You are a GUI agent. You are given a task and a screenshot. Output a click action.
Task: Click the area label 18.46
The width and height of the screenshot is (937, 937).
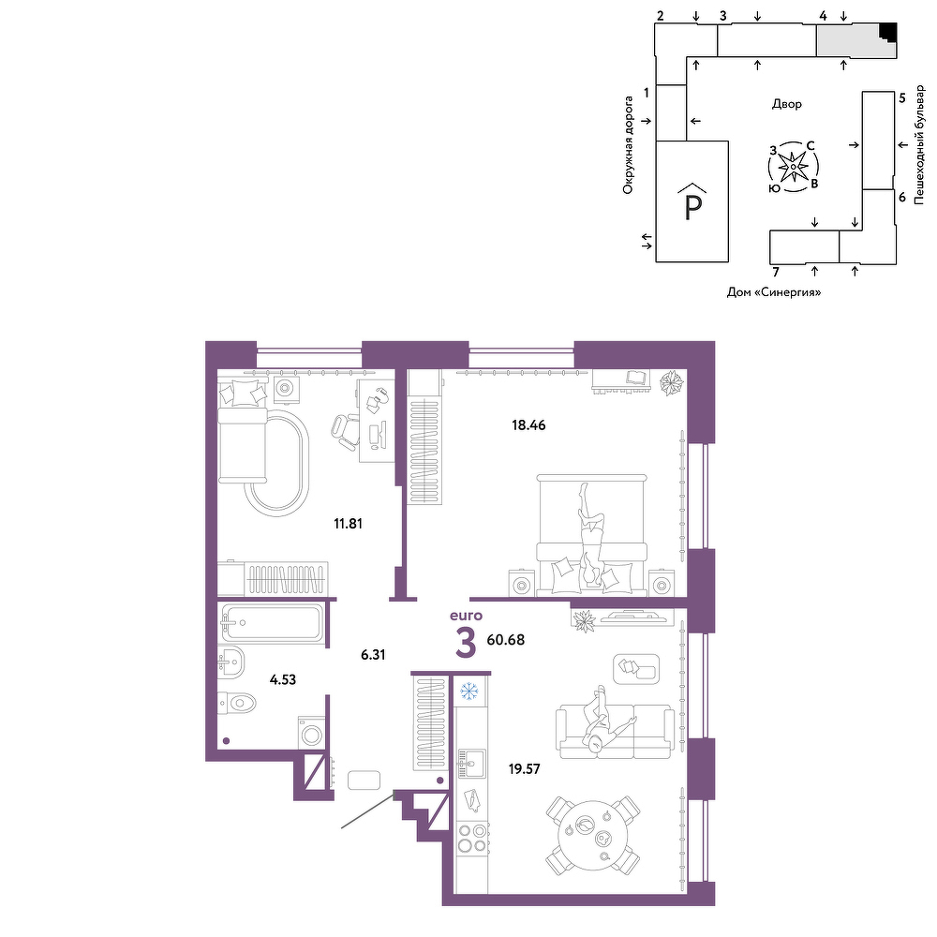click(x=528, y=425)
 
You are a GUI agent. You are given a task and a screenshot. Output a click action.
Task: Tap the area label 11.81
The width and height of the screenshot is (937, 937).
click(x=348, y=524)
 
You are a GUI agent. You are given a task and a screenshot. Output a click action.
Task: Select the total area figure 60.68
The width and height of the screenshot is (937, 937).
click(x=506, y=640)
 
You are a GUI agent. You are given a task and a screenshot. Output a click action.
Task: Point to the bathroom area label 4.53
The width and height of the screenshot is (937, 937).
click(x=283, y=679)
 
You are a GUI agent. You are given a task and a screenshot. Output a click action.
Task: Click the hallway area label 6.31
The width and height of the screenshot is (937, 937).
click(x=373, y=655)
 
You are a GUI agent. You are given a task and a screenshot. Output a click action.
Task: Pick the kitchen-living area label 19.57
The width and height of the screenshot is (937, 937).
click(x=524, y=769)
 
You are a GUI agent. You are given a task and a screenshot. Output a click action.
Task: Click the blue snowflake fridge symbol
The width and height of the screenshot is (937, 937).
click(x=469, y=692)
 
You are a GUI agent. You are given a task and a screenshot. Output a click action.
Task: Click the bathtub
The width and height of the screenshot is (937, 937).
click(x=272, y=623)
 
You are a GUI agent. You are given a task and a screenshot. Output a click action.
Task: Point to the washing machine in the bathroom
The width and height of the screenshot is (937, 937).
click(x=311, y=734)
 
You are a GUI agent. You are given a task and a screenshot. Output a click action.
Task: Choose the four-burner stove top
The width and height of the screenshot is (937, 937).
click(x=472, y=838)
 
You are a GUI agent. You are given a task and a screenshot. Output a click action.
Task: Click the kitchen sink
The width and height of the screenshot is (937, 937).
click(x=471, y=764)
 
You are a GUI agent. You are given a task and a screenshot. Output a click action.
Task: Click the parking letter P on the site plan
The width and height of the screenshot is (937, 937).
click(x=692, y=207)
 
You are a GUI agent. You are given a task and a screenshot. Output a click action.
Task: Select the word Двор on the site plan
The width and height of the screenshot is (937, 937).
click(x=787, y=104)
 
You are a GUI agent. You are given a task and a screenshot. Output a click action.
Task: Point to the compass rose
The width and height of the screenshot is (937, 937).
click(x=793, y=167)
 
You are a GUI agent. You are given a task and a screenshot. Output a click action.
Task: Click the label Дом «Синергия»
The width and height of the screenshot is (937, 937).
click(x=774, y=292)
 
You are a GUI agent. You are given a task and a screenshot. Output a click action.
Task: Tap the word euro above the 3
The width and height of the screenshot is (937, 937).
click(x=466, y=616)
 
